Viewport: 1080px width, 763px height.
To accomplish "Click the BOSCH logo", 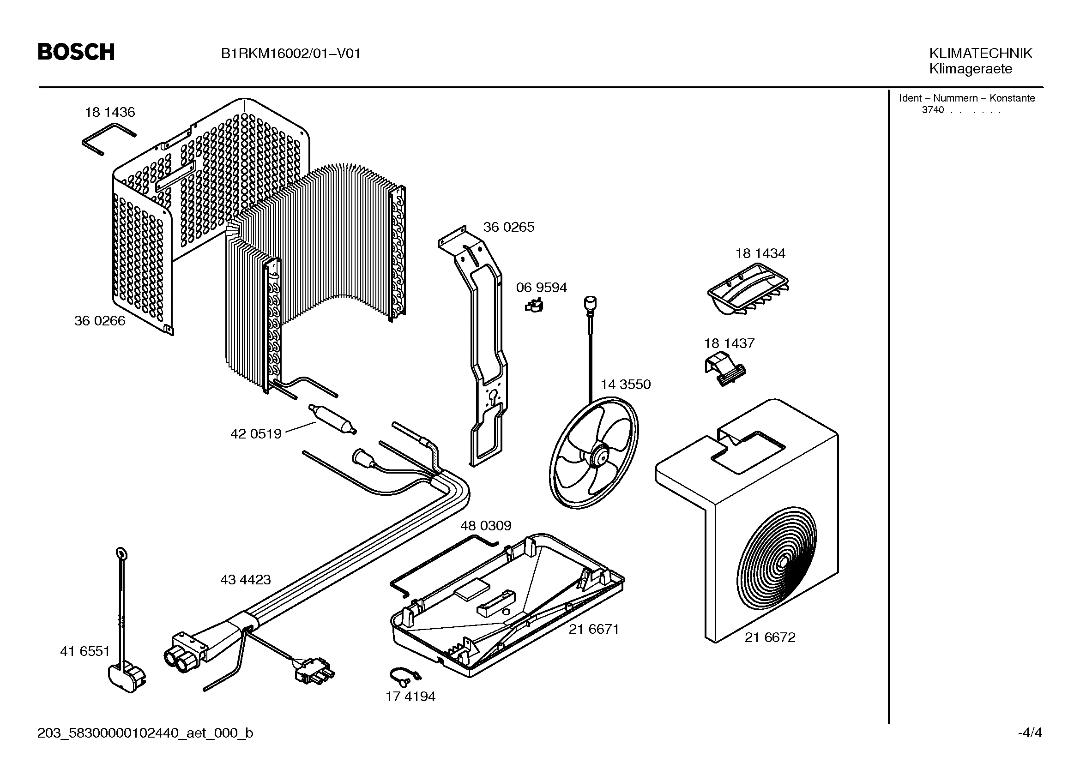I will click(x=76, y=52).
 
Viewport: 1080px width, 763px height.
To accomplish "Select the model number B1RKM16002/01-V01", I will click(x=291, y=54).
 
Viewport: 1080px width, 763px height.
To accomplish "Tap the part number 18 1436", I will click(x=109, y=112).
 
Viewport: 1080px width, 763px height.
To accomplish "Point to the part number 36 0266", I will click(x=100, y=321).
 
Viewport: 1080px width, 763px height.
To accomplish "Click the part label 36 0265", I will click(x=509, y=227).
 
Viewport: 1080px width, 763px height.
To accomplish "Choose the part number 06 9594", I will click(x=542, y=287).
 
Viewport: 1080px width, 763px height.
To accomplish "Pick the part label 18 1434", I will click(x=760, y=253).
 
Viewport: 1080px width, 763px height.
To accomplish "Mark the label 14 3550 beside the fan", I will click(x=626, y=385).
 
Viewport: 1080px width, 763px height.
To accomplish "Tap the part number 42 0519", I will click(x=256, y=433).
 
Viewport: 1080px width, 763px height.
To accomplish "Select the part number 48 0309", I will click(x=485, y=525).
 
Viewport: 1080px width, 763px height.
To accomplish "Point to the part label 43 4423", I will click(x=246, y=580).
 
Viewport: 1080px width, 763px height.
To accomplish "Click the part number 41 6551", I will click(x=85, y=651).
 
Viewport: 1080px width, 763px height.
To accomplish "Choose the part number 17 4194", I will click(x=410, y=696).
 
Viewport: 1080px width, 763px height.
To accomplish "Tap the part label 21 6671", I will click(x=594, y=629).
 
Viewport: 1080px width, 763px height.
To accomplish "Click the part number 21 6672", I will click(x=770, y=637).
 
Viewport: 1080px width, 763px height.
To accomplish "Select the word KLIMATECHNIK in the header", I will click(x=981, y=53).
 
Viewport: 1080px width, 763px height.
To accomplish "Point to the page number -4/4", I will click(x=1030, y=733).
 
